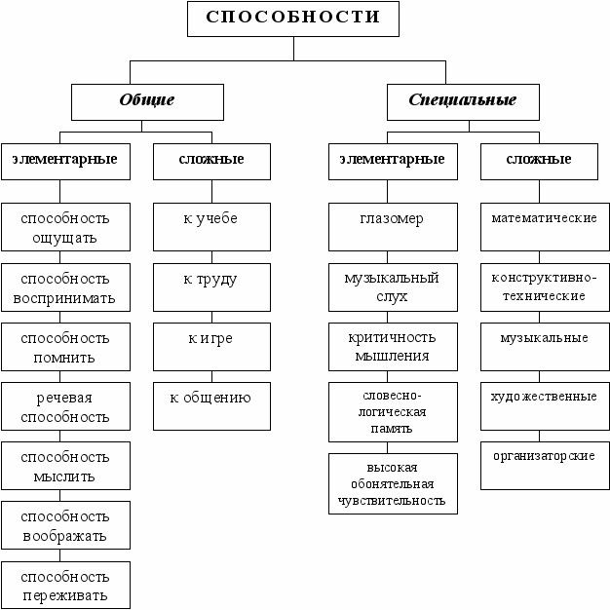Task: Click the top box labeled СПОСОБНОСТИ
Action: [293, 19]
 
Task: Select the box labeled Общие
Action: [147, 102]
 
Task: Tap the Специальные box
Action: [463, 102]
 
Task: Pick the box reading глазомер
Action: [393, 227]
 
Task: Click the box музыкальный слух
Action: [393, 287]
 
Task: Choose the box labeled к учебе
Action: [211, 227]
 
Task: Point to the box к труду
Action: [211, 287]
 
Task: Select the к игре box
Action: [211, 347]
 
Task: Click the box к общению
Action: [211, 406]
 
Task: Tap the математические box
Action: [545, 227]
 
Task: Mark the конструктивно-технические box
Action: [545, 287]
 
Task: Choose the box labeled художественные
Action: [545, 406]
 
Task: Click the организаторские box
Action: [545, 465]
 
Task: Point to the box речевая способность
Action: [65, 406]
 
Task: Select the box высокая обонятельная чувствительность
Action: [393, 483]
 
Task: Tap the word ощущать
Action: [64, 238]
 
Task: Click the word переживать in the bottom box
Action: [64, 595]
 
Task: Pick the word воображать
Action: [64, 536]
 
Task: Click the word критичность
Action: [392, 337]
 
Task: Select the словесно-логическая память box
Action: [393, 412]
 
